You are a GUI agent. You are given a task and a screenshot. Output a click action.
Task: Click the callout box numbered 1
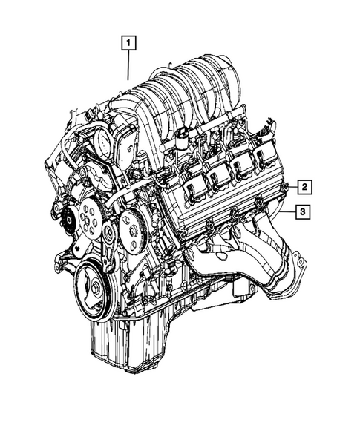point(128,42)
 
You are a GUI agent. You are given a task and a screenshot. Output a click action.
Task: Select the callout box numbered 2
point(305,186)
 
